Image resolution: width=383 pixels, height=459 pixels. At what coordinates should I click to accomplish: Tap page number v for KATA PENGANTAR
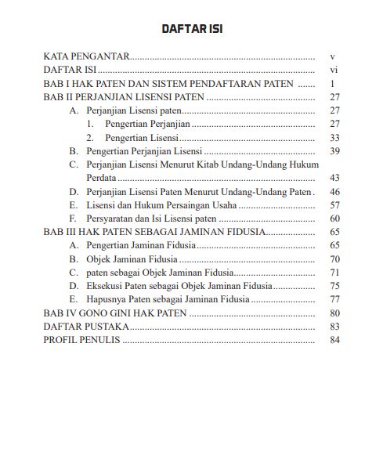[x=333, y=57]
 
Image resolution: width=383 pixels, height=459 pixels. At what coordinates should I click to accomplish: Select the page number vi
[x=333, y=70]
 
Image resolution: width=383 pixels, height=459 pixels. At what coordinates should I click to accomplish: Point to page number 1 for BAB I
[x=333, y=84]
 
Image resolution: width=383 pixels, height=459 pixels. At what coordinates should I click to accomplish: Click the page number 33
[x=333, y=138]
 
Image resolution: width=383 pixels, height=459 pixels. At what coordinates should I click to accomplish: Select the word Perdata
[x=101, y=178]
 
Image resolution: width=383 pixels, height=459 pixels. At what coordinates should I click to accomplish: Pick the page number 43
[x=333, y=178]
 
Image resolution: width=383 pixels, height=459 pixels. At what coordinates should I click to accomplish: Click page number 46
[x=333, y=191]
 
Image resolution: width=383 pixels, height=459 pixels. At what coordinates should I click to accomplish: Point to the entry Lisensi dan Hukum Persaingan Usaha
[x=161, y=204]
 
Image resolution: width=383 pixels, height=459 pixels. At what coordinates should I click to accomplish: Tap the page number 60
[x=333, y=219]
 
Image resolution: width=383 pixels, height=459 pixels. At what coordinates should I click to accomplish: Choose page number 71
[x=333, y=272]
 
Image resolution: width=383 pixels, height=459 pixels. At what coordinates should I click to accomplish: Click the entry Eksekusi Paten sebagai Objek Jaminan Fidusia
[x=179, y=285]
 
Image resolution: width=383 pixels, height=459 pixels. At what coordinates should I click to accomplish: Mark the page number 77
[x=333, y=299]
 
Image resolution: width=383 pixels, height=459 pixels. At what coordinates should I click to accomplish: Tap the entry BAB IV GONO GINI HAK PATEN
[x=115, y=313]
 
